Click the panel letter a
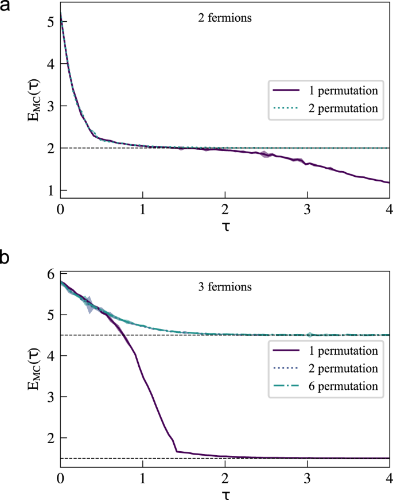[7, 9]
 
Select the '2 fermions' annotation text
[224, 17]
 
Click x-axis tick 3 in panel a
[308, 209]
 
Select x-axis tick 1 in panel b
[142, 478]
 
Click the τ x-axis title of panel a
[225, 227]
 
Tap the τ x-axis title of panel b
[225, 494]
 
